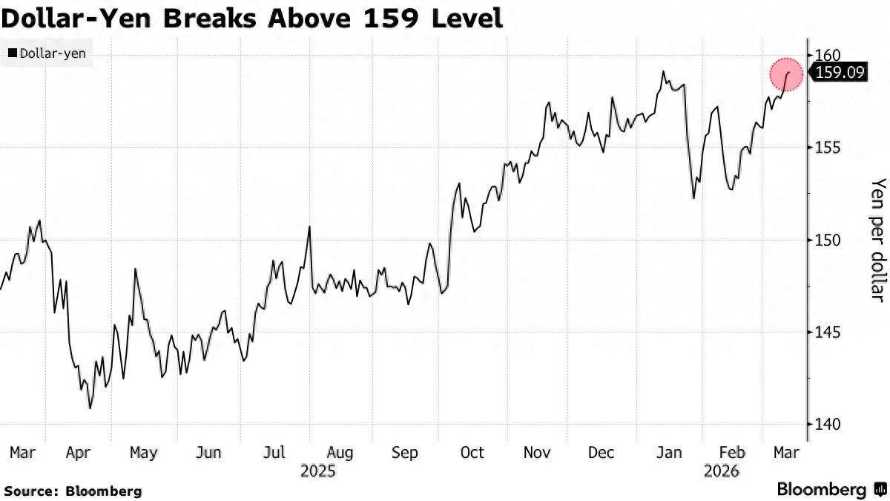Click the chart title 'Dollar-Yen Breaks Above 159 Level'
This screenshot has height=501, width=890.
[x=253, y=17]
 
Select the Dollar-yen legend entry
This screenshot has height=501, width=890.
[x=47, y=53]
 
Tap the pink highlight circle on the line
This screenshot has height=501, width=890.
[x=786, y=74]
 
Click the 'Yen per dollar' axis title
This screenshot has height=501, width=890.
[x=877, y=239]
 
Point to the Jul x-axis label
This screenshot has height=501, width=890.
[x=274, y=452]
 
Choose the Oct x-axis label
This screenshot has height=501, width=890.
[x=472, y=452]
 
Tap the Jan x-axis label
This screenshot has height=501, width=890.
[x=670, y=452]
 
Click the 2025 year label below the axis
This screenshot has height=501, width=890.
[x=317, y=471]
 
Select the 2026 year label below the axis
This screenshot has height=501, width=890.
[x=722, y=471]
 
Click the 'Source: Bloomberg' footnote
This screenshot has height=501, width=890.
[x=73, y=491]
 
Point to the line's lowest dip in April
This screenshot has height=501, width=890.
[x=90, y=407]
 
